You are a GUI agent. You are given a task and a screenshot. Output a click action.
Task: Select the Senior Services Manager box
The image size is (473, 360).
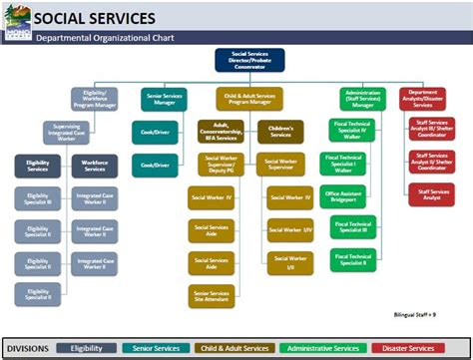pos(164,99)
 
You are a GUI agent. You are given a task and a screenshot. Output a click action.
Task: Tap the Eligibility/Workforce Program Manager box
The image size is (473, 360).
pos(95,99)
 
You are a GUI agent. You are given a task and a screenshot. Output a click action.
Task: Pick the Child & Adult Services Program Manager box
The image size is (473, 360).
pos(248,99)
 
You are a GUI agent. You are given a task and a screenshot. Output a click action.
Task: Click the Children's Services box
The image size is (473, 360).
pos(279,133)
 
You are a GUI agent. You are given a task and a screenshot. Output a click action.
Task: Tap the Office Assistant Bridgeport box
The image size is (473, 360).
pos(344,194)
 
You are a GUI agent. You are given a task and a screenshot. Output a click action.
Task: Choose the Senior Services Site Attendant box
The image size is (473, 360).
pos(211,296)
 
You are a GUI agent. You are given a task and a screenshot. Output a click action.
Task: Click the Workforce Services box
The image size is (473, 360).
pos(95,167)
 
